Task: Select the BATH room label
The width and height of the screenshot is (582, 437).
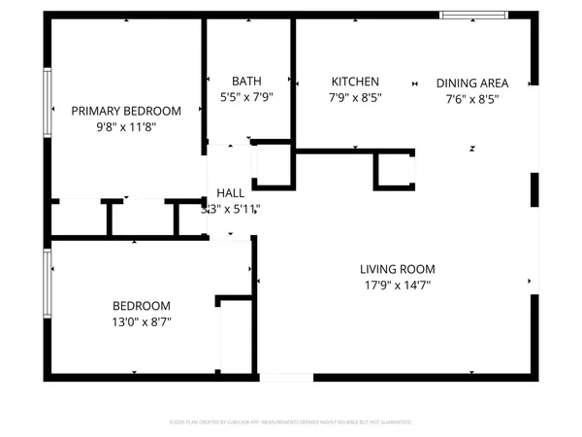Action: pos(246,82)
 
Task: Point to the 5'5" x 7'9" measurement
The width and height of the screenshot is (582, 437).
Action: pos(246,97)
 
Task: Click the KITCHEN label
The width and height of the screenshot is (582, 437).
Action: pos(355,82)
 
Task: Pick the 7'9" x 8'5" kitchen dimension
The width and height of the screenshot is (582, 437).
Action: pos(355,97)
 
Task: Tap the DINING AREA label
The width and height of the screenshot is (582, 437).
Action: pos(472,83)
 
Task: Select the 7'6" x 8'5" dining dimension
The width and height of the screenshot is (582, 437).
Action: pos(472,98)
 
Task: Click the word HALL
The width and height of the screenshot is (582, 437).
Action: pos(231,193)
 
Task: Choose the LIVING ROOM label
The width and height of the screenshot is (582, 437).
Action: pos(397,269)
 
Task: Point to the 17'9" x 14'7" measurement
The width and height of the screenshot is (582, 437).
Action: pos(397,286)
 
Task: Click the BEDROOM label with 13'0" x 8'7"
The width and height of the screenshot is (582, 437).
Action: pos(142,305)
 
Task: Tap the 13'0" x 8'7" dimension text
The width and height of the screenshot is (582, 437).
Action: pos(142,321)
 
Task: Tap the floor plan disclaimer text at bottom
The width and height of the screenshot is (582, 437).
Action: pos(291,422)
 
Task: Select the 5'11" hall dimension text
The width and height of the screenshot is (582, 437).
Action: pos(243,209)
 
